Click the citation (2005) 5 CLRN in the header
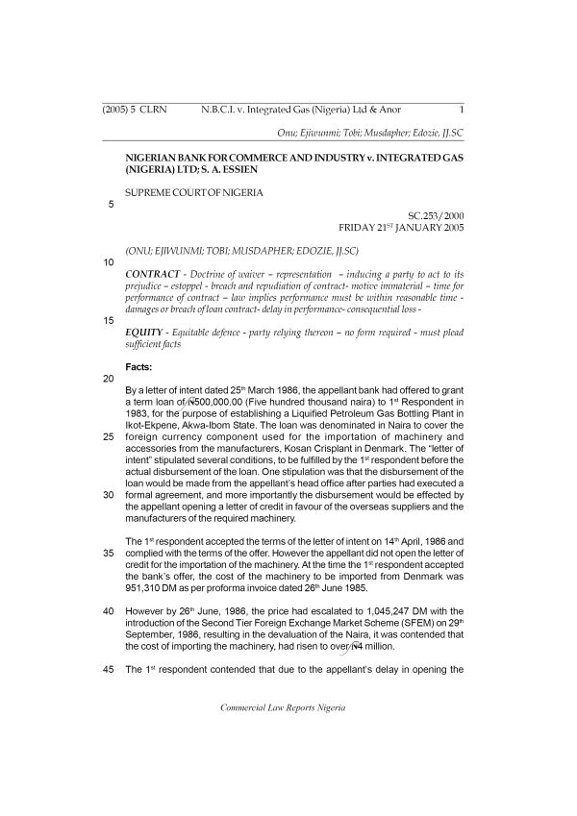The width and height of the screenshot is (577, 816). (134, 110)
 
